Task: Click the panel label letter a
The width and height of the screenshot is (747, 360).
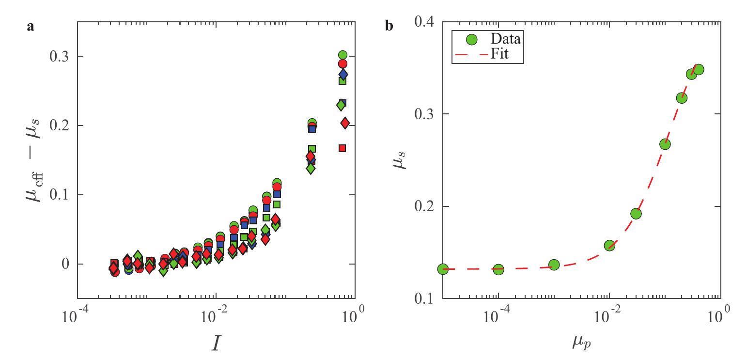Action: click(31, 27)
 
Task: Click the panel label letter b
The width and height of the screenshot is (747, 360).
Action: click(389, 26)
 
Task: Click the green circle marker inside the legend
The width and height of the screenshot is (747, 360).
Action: click(465, 39)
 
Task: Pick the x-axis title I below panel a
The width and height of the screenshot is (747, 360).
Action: click(216, 343)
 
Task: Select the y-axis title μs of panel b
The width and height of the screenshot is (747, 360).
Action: click(398, 160)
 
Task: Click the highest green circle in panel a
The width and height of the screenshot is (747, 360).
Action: click(342, 55)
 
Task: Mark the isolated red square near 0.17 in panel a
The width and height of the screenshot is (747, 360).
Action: click(342, 148)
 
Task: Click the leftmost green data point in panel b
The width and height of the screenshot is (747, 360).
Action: click(443, 269)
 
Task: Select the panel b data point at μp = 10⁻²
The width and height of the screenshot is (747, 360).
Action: click(609, 246)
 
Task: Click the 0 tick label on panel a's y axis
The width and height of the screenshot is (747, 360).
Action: click(64, 264)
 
